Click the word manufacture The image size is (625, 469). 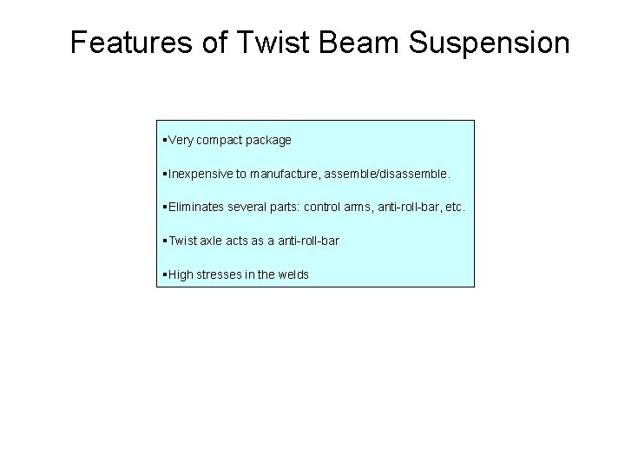[x=283, y=174]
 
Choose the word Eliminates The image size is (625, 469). [x=195, y=208]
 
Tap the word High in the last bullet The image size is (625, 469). [x=181, y=274]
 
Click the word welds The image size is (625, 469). [x=292, y=274]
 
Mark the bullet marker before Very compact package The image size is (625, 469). [x=164, y=141]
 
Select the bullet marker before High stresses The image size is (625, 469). [x=164, y=274]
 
